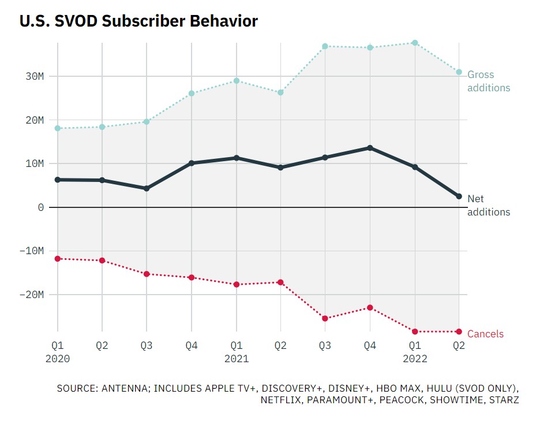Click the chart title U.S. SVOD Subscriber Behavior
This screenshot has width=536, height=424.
pos(138,21)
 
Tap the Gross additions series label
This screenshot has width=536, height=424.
pos(488,81)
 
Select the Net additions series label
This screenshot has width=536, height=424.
pos(488,205)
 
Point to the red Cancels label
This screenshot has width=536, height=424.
pos(485,334)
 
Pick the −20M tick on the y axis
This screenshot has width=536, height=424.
pos(31,295)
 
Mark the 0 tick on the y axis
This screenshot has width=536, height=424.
pos(40,207)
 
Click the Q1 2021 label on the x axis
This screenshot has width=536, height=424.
pos(236,352)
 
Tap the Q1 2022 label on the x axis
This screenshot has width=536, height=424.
pos(414,352)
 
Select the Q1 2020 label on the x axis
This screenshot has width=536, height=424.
pos(57,352)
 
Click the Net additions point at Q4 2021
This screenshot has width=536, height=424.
pos(370,148)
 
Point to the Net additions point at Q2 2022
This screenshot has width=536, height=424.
pos(459,196)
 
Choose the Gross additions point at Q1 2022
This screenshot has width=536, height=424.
pos(414,43)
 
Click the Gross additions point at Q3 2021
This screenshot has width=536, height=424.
pos(325,46)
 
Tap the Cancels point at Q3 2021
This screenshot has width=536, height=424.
pos(325,318)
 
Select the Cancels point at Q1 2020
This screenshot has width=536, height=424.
pos(58,258)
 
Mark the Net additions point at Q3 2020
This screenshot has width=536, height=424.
pos(147,188)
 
